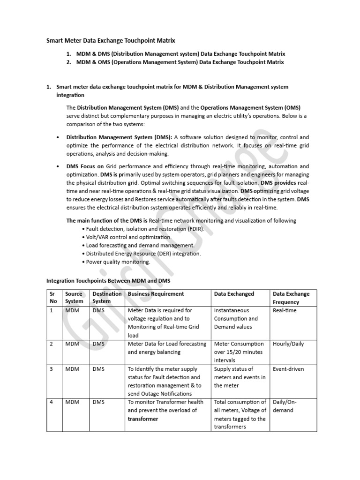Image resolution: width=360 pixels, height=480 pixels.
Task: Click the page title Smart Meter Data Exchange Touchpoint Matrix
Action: (x=110, y=41)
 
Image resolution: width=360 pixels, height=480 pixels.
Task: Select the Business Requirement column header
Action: (x=156, y=294)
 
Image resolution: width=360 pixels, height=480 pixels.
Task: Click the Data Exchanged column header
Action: (x=234, y=294)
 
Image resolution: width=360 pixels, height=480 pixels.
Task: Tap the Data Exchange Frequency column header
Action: (x=291, y=298)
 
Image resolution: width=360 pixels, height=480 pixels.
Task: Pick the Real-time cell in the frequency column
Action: (x=285, y=310)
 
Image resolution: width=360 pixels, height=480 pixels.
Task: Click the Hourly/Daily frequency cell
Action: (x=288, y=344)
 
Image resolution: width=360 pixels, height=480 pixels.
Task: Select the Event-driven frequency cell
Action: (x=288, y=369)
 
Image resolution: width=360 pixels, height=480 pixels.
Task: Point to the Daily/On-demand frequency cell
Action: (x=285, y=406)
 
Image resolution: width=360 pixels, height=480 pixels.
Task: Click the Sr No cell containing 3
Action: (x=52, y=369)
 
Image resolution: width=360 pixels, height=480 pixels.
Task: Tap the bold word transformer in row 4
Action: (x=143, y=419)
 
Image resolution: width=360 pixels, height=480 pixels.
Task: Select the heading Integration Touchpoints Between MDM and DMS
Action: (x=108, y=281)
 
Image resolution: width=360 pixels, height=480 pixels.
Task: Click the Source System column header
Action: (x=74, y=298)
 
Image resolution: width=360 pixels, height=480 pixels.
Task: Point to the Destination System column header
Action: (x=107, y=298)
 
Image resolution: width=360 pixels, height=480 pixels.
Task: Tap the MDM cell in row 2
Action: (x=72, y=344)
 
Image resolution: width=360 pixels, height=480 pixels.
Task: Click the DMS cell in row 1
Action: (x=99, y=310)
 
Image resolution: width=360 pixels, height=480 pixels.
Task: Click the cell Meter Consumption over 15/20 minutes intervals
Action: (x=239, y=352)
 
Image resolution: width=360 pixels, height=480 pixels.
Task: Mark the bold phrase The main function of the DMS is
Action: (x=107, y=220)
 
